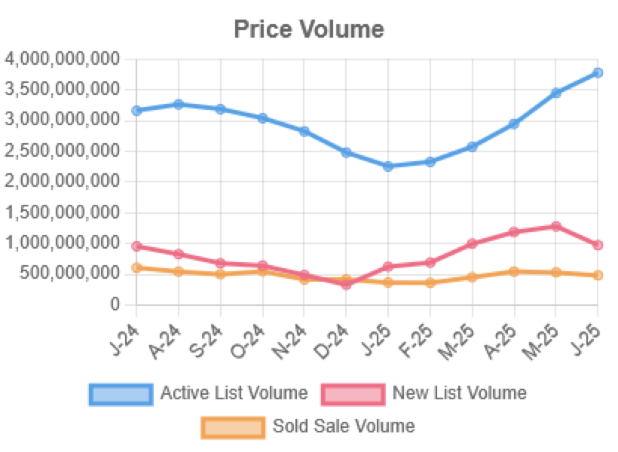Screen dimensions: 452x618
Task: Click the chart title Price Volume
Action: click(x=309, y=29)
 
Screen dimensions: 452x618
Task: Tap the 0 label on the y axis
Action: click(x=115, y=304)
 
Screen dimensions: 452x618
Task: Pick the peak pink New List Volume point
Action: click(x=556, y=226)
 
